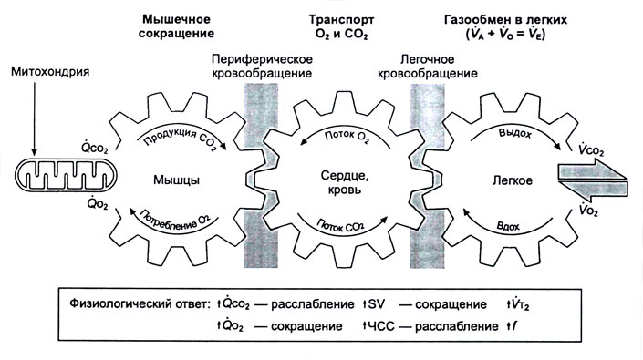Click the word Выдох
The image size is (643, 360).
pos(516,134)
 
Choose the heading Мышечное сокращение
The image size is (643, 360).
pos(178,26)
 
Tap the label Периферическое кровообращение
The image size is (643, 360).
pos(261,67)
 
